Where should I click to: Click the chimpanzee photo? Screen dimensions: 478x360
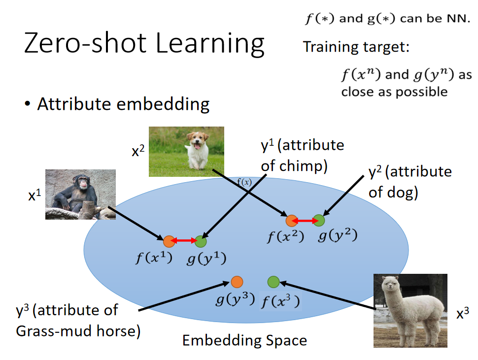click(80, 194)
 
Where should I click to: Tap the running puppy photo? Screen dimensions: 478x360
click(186, 151)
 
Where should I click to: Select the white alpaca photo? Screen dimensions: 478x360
click(410, 311)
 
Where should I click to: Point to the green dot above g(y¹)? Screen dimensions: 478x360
click(201, 241)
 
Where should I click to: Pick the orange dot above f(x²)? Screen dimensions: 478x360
click(291, 221)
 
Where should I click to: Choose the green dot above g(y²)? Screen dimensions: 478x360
click(319, 221)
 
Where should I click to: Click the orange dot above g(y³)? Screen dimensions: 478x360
click(237, 282)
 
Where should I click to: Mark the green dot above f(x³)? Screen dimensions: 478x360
click(273, 282)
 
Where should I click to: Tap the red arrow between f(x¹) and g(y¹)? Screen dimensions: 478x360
click(185, 241)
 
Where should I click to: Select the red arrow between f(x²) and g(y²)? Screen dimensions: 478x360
click(305, 221)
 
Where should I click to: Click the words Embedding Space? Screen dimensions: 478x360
click(244, 340)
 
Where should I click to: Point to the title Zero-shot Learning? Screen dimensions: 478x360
click(144, 43)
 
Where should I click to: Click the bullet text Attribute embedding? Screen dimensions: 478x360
click(123, 104)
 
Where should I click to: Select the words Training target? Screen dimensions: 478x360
click(356, 47)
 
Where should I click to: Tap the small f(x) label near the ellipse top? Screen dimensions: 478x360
click(244, 182)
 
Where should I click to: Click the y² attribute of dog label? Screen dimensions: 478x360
click(410, 181)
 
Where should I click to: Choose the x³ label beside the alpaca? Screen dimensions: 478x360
click(462, 314)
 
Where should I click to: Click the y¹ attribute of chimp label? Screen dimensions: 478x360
click(302, 155)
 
